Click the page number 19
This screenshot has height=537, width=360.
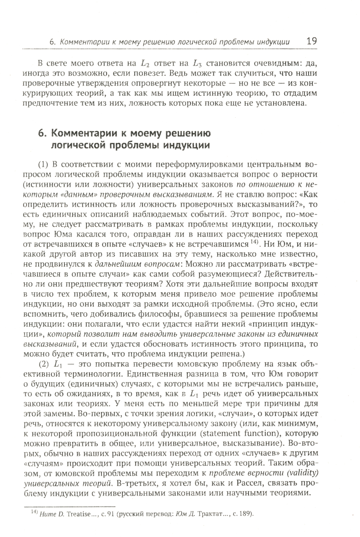(x=310, y=41)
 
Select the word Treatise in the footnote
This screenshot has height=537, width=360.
(x=72, y=514)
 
